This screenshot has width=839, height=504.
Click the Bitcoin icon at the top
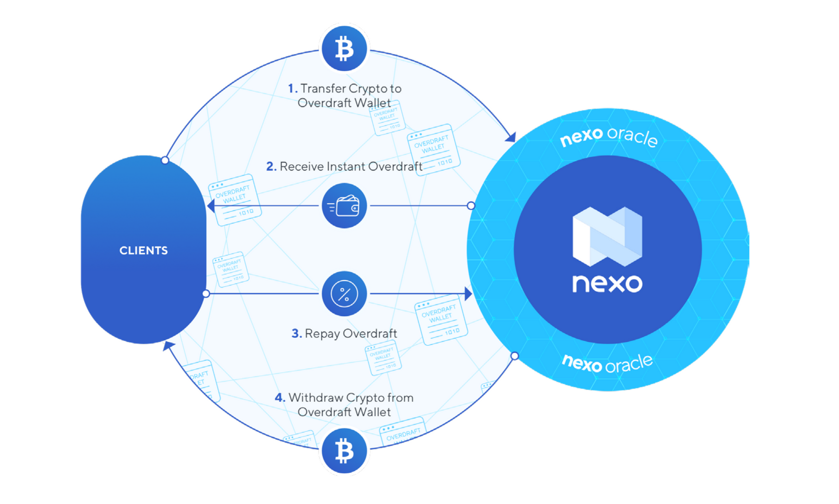click(x=344, y=49)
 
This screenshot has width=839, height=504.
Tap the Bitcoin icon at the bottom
click(x=344, y=451)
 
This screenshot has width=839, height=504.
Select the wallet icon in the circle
click(x=344, y=206)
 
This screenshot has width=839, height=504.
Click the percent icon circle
click(x=344, y=294)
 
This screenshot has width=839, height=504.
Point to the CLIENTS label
click(x=143, y=250)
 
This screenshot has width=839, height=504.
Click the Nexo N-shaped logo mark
click(x=607, y=236)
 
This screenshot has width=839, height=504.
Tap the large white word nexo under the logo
click(x=607, y=283)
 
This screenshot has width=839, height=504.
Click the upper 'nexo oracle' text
click(x=609, y=136)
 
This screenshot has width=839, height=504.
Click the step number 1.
click(x=292, y=88)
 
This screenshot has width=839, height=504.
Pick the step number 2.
click(x=271, y=166)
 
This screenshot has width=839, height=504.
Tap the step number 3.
click(x=296, y=333)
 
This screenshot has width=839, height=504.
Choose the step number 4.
click(x=280, y=398)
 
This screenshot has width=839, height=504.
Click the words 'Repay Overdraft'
click(x=351, y=333)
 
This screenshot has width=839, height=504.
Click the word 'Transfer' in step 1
click(x=323, y=88)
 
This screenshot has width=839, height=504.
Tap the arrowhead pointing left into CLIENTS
click(x=211, y=205)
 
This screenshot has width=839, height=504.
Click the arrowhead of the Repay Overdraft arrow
click(x=468, y=294)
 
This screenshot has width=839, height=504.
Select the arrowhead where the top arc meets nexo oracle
click(x=510, y=137)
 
